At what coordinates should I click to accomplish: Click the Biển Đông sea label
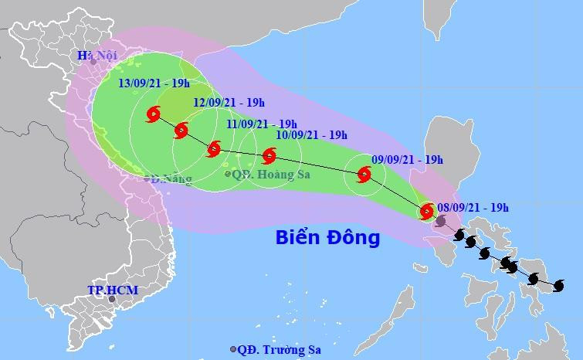pyautogui.click(x=328, y=237)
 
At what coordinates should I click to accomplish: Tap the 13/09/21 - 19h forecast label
pyautogui.click(x=154, y=84)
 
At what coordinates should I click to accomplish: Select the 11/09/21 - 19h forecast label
pyautogui.click(x=263, y=124)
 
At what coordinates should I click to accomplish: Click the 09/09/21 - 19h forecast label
pyautogui.click(x=407, y=160)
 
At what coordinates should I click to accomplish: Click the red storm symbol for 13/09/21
pyautogui.click(x=152, y=116)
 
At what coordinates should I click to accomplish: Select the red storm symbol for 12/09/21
pyautogui.click(x=181, y=131)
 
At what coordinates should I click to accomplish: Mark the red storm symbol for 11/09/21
pyautogui.click(x=214, y=149)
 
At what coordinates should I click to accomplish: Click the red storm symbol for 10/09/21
pyautogui.click(x=269, y=156)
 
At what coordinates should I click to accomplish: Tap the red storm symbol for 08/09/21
pyautogui.click(x=426, y=211)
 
